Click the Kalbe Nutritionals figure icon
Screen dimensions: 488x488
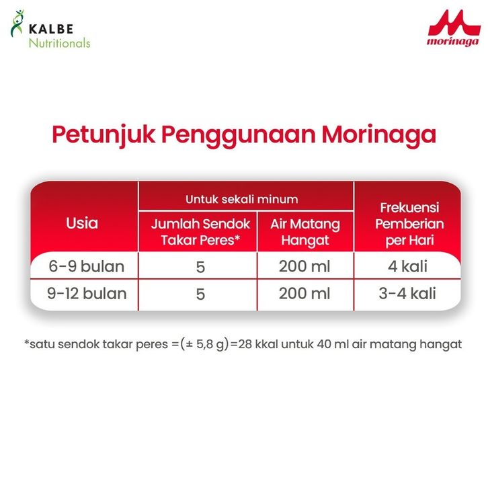point(17,23)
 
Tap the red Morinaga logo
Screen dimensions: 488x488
point(454,28)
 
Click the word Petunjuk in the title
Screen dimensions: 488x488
point(104,135)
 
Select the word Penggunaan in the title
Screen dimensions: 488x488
point(239,135)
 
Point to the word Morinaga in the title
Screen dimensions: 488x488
point(378,135)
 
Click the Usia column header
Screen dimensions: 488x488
point(82,223)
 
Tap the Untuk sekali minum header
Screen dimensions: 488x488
point(242,199)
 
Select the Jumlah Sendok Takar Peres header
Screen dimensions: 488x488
point(200,232)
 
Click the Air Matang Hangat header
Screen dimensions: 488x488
point(305,232)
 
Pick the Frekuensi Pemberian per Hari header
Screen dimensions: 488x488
point(409,224)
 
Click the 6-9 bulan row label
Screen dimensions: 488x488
point(87,266)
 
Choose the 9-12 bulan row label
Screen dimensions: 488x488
point(87,294)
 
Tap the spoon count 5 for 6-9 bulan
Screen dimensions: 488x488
point(200,267)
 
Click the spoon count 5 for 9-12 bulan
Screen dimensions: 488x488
point(200,294)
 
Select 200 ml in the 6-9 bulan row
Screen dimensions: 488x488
point(304,266)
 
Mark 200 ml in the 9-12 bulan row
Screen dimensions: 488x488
point(304,294)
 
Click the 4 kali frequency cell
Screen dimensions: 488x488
point(407,266)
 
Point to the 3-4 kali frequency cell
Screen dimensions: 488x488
point(407,294)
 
